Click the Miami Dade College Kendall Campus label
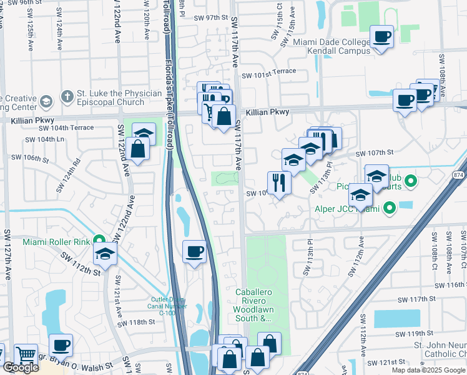(333, 47)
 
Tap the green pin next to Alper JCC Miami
(390, 208)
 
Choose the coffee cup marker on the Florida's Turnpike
(194, 251)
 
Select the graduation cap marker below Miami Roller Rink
(106, 254)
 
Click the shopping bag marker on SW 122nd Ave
(139, 149)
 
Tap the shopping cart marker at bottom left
(26, 354)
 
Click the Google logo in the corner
(21, 368)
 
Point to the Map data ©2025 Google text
(428, 370)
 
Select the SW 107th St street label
(375, 153)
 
